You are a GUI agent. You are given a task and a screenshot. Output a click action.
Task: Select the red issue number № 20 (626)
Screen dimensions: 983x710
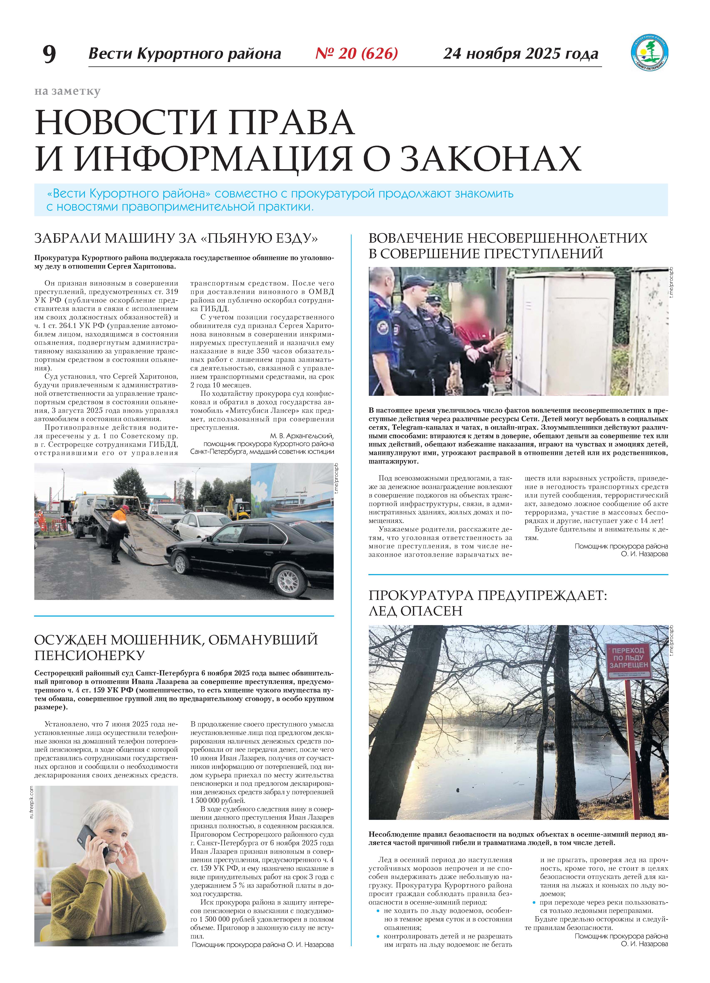click(x=357, y=53)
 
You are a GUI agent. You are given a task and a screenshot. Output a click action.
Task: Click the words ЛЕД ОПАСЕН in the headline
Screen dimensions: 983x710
click(x=415, y=611)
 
